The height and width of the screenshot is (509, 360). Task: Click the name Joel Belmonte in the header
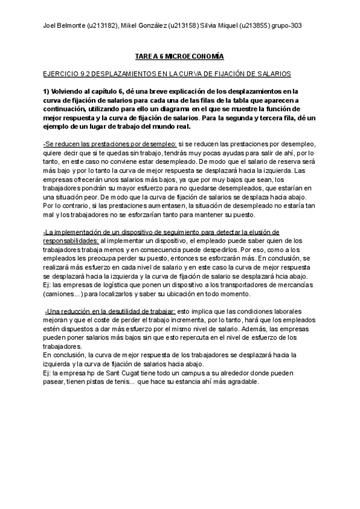(62, 26)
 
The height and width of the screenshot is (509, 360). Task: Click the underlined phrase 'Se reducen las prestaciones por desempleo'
(110, 145)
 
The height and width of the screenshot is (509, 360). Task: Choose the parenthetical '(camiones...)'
(64, 294)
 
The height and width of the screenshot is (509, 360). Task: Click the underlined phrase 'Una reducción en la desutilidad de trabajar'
(111, 312)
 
